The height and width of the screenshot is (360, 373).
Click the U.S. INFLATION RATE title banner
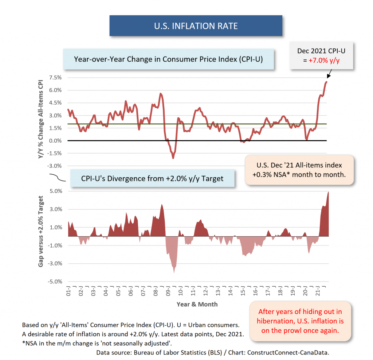coord(196,26)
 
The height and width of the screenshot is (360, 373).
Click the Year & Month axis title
coord(197,304)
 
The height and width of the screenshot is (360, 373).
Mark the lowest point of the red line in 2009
coord(173,158)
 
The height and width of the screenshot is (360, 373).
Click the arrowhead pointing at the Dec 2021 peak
coord(328,77)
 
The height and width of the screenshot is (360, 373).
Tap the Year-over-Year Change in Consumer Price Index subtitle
coord(169,59)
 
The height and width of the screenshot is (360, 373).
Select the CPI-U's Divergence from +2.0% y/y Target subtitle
coord(152,178)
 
